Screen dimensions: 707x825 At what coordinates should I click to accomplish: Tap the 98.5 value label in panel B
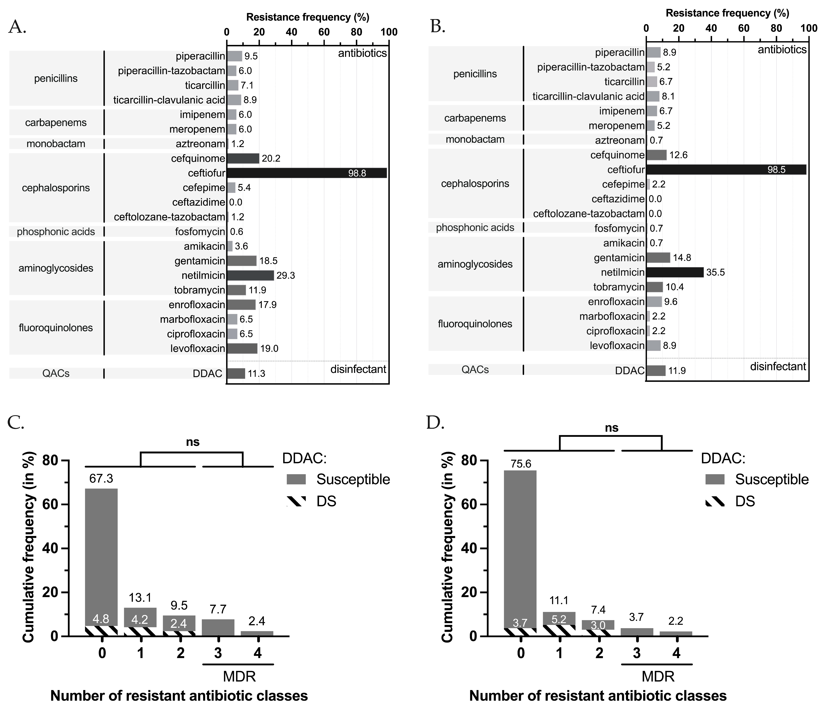pyautogui.click(x=776, y=170)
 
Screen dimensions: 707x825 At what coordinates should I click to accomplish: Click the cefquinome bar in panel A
pyautogui.click(x=243, y=158)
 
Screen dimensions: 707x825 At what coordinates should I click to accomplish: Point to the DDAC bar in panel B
pyautogui.click(x=655, y=371)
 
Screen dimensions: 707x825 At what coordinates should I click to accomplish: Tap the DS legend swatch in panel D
pyautogui.click(x=715, y=501)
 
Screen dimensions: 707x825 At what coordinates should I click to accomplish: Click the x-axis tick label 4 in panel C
pyautogui.click(x=257, y=653)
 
